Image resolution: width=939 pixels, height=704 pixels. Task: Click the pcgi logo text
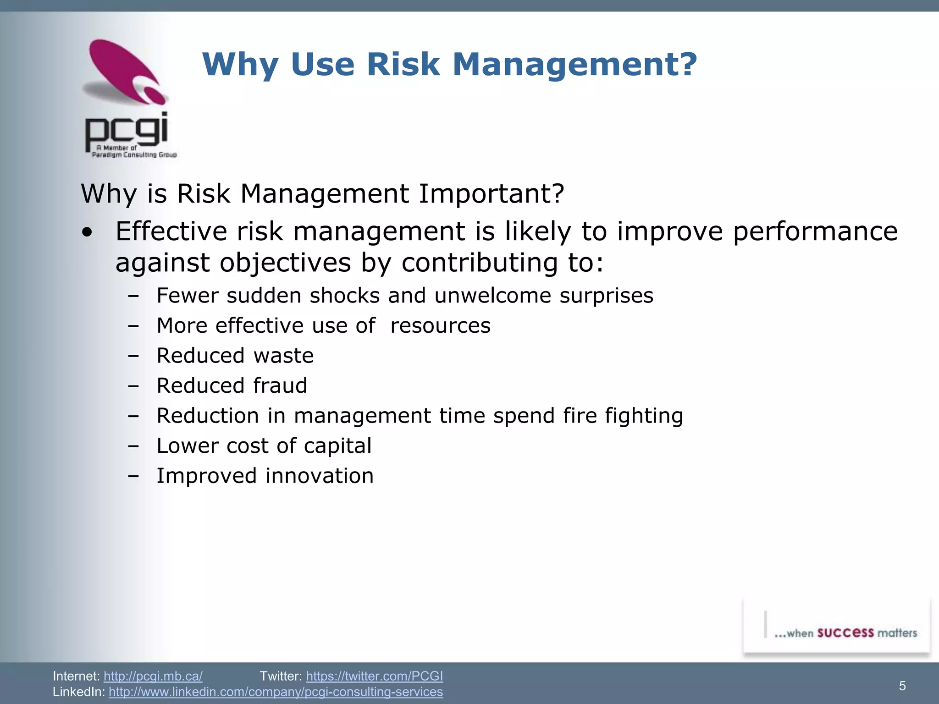127,130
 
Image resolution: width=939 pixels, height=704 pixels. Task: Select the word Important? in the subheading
491,194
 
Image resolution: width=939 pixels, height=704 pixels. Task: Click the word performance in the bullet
815,231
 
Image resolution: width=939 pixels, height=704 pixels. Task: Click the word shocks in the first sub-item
344,296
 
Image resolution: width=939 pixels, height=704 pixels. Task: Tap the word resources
440,326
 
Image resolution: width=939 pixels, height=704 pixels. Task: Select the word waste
283,356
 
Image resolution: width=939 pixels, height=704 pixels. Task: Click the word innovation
320,476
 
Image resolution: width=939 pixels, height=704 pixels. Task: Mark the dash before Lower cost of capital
133,446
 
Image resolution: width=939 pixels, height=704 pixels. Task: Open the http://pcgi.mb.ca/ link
153,676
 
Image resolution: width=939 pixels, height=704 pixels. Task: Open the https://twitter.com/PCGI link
374,676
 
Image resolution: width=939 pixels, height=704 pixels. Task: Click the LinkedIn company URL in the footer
276,692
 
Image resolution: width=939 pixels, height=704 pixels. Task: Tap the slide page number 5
902,686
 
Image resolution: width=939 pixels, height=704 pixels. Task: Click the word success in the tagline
845,633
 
